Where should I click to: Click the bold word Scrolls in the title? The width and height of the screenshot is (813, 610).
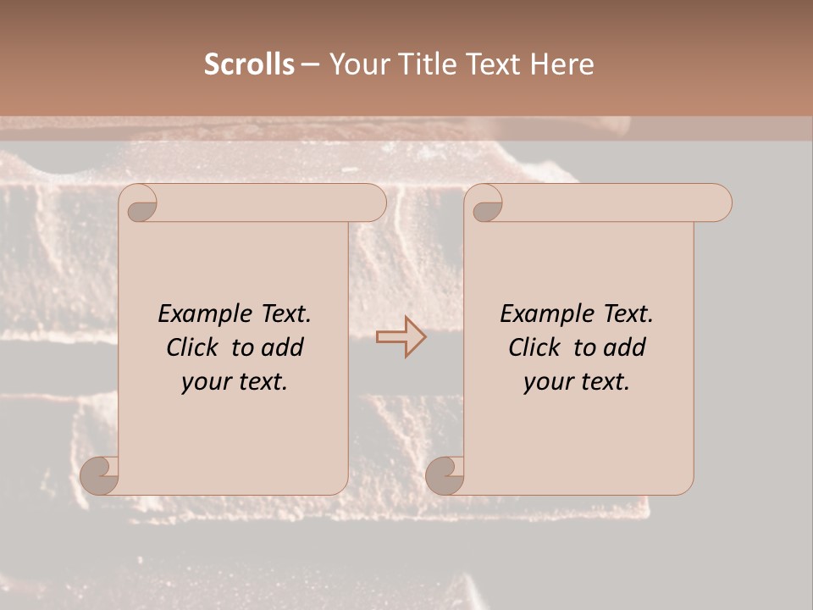click(249, 64)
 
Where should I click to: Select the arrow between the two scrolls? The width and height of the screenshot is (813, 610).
click(401, 337)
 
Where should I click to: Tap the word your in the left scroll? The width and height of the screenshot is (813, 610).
click(205, 382)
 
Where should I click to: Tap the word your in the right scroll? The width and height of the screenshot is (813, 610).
click(547, 382)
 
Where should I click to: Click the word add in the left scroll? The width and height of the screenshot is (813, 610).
click(283, 347)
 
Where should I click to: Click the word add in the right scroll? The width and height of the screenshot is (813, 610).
click(625, 347)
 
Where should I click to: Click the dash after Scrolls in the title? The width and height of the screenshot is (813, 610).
click(310, 65)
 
